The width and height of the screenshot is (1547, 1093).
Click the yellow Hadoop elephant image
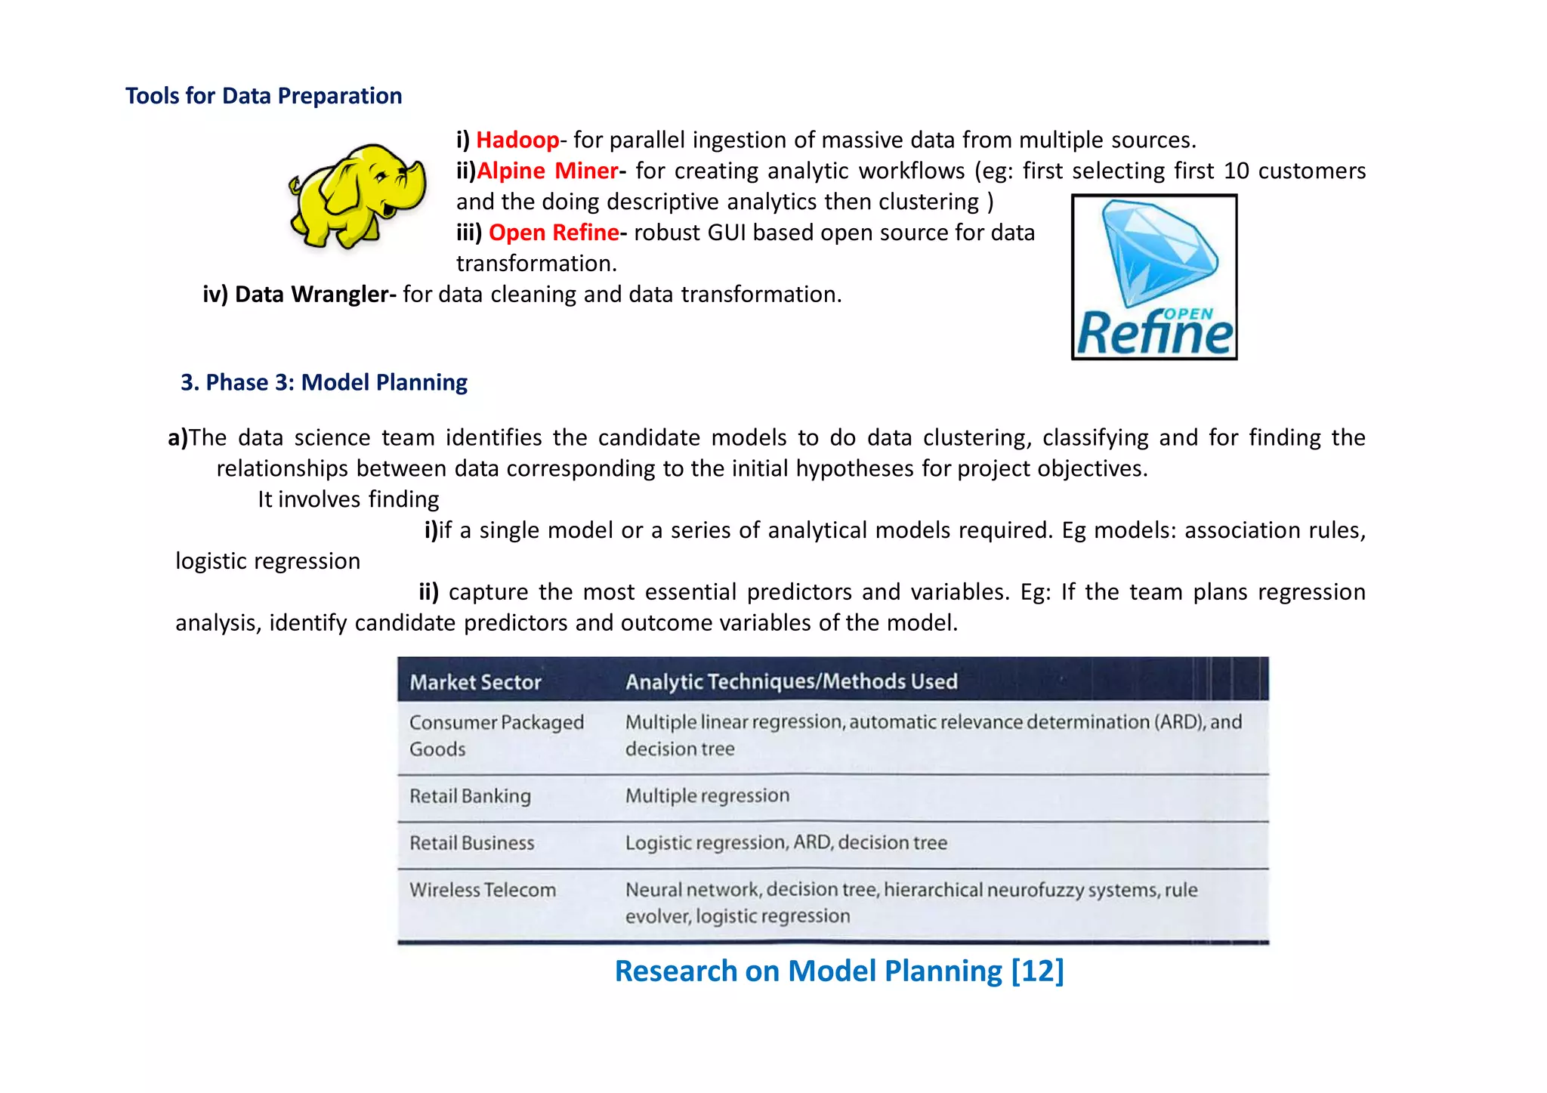click(x=357, y=196)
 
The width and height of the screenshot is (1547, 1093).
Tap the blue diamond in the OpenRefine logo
click(x=1159, y=250)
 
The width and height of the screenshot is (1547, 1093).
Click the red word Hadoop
click(x=517, y=140)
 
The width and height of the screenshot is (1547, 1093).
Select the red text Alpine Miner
click(x=548, y=171)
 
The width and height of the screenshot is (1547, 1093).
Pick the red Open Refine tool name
click(x=554, y=233)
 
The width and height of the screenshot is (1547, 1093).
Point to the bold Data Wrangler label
click(x=313, y=294)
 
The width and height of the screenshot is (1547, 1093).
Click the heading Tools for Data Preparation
click(x=264, y=96)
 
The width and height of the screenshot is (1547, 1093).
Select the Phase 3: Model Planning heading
click(x=324, y=382)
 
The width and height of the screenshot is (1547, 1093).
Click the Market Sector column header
click(x=475, y=682)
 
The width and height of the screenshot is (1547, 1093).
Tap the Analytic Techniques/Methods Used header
click(x=791, y=681)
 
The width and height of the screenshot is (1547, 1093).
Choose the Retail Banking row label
click(x=470, y=796)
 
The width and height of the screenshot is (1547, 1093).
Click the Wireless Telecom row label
click(x=483, y=890)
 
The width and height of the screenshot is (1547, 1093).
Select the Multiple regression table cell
click(x=707, y=795)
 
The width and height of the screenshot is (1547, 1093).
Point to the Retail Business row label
click(x=471, y=843)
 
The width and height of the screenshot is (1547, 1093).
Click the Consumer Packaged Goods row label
click(x=496, y=735)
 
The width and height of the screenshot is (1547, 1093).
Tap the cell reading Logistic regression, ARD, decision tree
click(x=786, y=842)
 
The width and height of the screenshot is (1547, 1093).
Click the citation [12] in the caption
click(x=1037, y=971)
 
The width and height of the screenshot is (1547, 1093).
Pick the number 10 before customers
click(x=1237, y=171)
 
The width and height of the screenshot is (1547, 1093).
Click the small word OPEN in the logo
click(x=1188, y=313)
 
